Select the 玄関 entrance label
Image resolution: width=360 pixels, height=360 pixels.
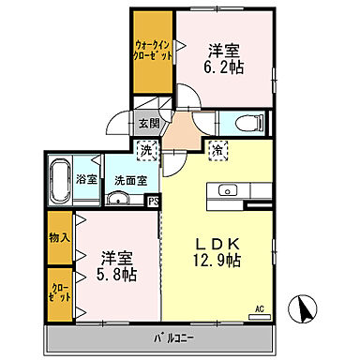pyautogui.click(x=149, y=123)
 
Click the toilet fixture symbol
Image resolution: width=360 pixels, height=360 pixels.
pyautogui.click(x=246, y=123)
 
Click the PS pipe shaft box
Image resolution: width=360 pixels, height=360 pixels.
pyautogui.click(x=153, y=199)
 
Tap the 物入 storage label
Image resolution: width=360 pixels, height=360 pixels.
pyautogui.click(x=60, y=238)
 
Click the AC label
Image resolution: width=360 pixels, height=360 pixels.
pyautogui.click(x=260, y=307)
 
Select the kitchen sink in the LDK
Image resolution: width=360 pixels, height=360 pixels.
pyautogui.click(x=226, y=190)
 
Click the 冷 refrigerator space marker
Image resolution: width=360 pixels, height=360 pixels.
pyautogui.click(x=217, y=148)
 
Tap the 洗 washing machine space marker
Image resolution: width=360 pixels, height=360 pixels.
pyautogui.click(x=148, y=148)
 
